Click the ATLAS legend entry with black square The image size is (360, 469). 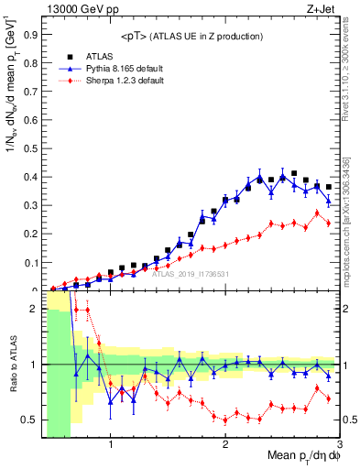pos(92,56)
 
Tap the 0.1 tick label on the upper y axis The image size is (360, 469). pos(33,263)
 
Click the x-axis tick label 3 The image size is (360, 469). pos(338,446)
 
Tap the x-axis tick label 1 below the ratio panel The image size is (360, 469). pos(111,446)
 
